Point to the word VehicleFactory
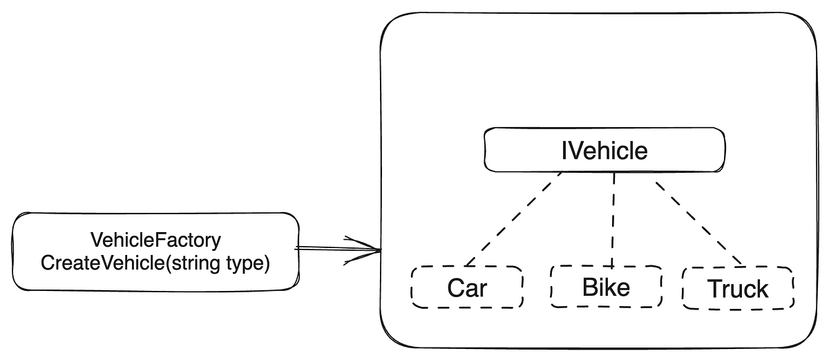[x=155, y=240]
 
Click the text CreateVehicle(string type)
[x=155, y=263]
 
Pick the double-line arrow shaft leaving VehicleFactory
[x=325, y=249]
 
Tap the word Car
[x=467, y=288]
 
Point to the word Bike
[x=606, y=286]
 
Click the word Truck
[x=738, y=289]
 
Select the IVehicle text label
[x=604, y=149]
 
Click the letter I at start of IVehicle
[x=564, y=149]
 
